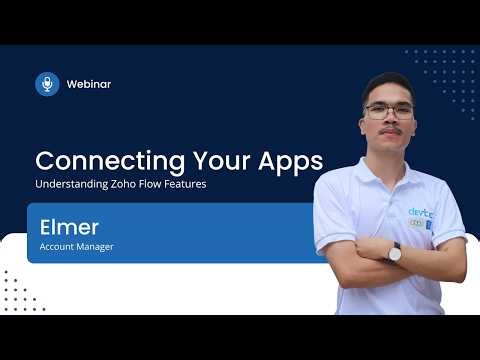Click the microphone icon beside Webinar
[47, 84]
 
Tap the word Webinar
[88, 84]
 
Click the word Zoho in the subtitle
[115, 186]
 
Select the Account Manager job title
[76, 246]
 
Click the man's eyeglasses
[388, 110]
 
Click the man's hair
[387, 83]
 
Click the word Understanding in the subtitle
[66, 186]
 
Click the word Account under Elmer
[57, 246]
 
